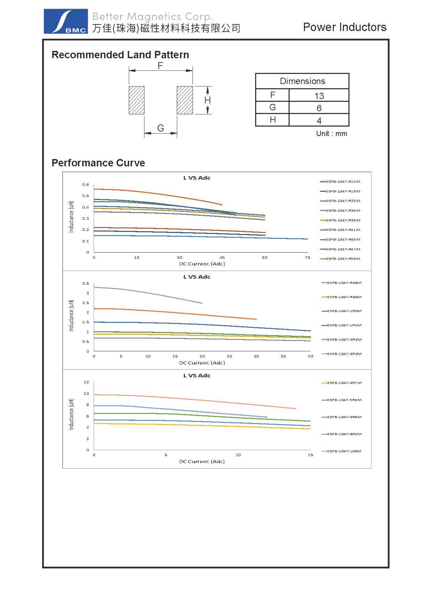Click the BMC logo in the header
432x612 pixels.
pyautogui.click(x=65, y=22)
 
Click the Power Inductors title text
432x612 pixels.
pyautogui.click(x=345, y=27)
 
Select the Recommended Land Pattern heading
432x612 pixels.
pyautogui.click(x=120, y=55)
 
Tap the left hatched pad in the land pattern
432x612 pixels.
pyautogui.click(x=136, y=100)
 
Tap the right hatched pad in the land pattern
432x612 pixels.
pyautogui.click(x=184, y=100)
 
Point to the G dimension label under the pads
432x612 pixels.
pyautogui.click(x=160, y=128)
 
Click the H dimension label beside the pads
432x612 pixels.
pyautogui.click(x=207, y=100)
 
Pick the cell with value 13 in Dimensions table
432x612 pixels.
pyautogui.click(x=319, y=96)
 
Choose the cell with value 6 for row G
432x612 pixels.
pyautogui.click(x=319, y=108)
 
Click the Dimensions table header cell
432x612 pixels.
pyautogui.click(x=302, y=81)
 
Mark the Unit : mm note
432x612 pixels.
pyautogui.click(x=331, y=134)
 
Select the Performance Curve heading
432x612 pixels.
pyautogui.click(x=98, y=163)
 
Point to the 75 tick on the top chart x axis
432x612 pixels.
pyautogui.click(x=307, y=258)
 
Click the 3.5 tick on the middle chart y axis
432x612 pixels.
pyautogui.click(x=86, y=284)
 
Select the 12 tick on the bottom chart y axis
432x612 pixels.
pyautogui.click(x=86, y=382)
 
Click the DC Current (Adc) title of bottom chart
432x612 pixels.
pyautogui.click(x=202, y=462)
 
